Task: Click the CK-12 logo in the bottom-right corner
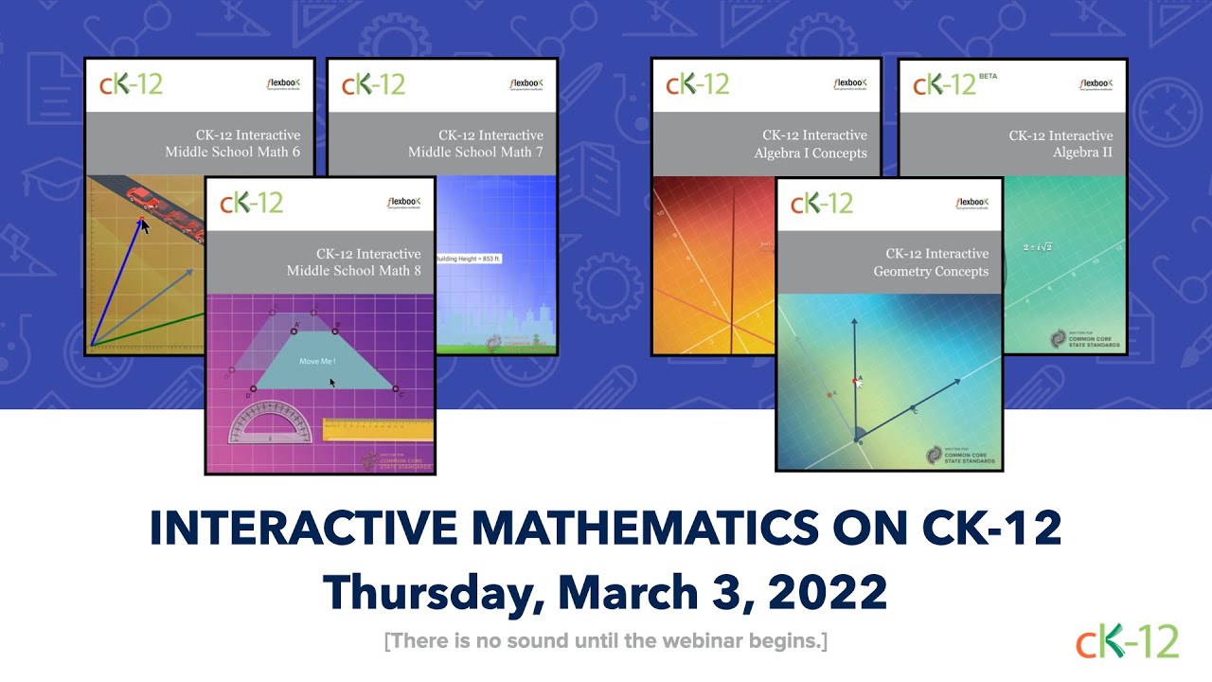pyautogui.click(x=1127, y=640)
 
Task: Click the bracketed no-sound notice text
pyautogui.click(x=606, y=641)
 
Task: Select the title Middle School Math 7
pyautogui.click(x=475, y=152)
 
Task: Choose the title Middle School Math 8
pyautogui.click(x=354, y=271)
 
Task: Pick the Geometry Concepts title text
pyautogui.click(x=931, y=271)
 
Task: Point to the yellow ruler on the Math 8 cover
pyautogui.click(x=378, y=430)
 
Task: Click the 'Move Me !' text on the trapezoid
pyautogui.click(x=317, y=362)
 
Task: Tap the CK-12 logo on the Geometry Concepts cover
pyautogui.click(x=821, y=204)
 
